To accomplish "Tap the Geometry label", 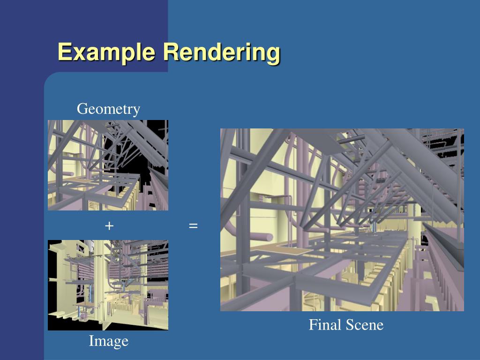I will (108, 109).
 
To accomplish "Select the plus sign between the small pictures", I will (109, 225).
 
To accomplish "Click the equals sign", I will (193, 226).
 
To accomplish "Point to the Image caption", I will (108, 341).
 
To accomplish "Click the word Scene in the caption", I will (365, 325).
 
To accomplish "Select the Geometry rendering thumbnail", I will (108, 165).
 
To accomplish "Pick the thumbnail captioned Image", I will (108, 285).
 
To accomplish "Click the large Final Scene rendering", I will (342, 220).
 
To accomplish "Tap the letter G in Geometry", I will (82, 109).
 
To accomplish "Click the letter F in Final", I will (313, 325).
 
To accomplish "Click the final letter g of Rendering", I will (274, 53).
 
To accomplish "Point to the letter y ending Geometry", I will (136, 111).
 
